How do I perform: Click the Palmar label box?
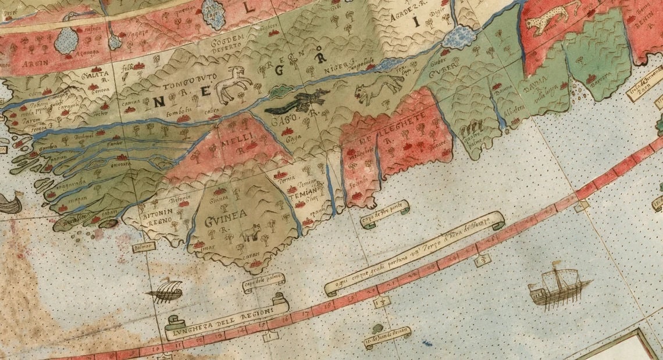click(144, 247)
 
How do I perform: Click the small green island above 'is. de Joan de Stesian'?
click(378, 329)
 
